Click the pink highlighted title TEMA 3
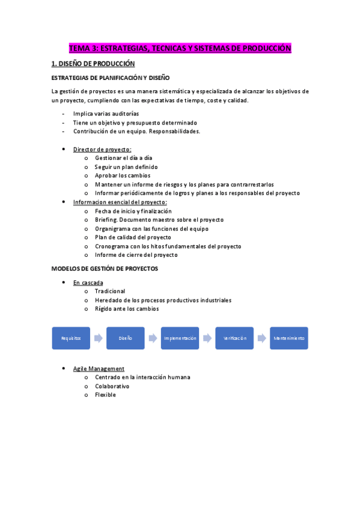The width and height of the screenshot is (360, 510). coord(180,48)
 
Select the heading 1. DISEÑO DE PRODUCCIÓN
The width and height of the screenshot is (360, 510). coord(93,63)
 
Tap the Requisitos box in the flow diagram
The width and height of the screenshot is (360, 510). coord(71,338)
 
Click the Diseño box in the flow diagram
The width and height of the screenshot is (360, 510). coord(126,338)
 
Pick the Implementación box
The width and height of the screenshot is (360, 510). coord(180,338)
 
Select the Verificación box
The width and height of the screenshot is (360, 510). coord(234,338)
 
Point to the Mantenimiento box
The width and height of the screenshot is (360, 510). coord(289,338)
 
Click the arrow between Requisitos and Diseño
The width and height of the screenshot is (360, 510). coord(98,338)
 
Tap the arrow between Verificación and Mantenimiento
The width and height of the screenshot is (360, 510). coord(261,338)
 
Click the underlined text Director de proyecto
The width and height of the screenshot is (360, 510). coord(102,149)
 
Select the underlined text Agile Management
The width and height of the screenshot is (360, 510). coord(99,368)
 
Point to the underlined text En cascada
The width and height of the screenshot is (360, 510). coord(88,282)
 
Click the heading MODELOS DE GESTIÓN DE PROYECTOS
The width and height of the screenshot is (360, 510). coord(105,268)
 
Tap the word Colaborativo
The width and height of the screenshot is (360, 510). coord(112,386)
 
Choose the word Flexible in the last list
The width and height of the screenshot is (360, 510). coord(105,395)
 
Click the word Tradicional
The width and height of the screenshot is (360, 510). coord(110,291)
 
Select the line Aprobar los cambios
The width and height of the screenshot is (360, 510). coord(123,176)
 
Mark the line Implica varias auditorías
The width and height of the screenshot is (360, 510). coord(106,114)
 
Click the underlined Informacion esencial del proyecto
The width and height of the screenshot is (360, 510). coord(120,202)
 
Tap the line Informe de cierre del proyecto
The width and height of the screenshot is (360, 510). coord(136,254)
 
